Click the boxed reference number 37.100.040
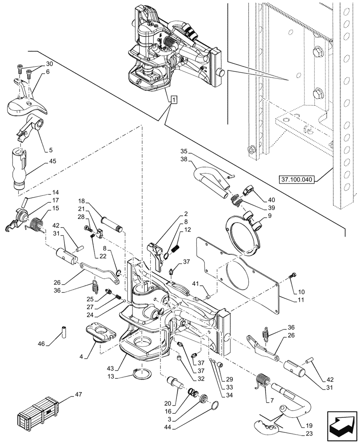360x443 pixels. point(296,180)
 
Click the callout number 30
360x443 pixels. point(49,63)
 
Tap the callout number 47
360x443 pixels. point(78,394)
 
